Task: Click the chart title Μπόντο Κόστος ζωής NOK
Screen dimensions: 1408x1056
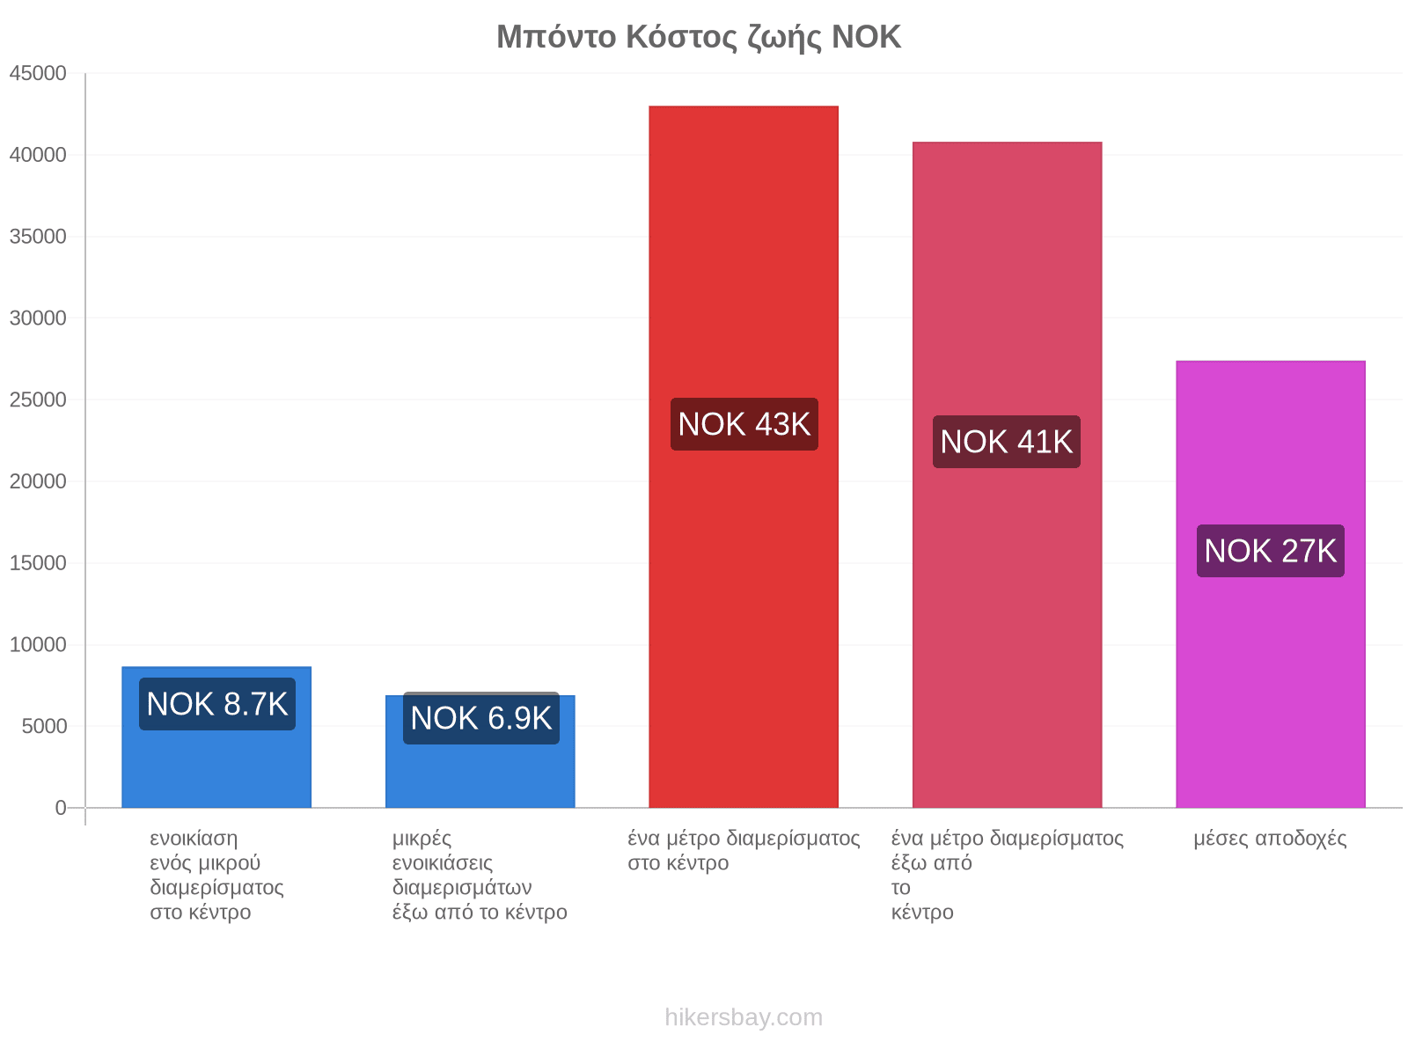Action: tap(699, 37)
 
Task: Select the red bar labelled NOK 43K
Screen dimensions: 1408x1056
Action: tap(744, 457)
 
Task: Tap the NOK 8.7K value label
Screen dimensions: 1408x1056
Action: tap(216, 704)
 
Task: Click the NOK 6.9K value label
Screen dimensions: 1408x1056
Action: tap(481, 718)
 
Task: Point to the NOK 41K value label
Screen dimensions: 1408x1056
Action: tap(1007, 442)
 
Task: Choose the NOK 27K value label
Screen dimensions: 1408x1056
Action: tap(1270, 551)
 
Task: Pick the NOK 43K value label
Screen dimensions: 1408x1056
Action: tap(744, 424)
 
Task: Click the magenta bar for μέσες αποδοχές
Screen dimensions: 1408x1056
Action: tap(1271, 584)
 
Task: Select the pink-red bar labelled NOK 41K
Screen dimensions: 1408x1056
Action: tap(1007, 474)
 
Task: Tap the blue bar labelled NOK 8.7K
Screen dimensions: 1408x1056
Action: tap(216, 737)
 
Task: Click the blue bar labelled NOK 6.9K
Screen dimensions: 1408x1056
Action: tap(480, 752)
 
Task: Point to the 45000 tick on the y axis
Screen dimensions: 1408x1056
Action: tap(38, 73)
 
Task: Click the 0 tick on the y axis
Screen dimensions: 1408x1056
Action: tap(61, 808)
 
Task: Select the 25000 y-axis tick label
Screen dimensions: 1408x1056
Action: tap(38, 400)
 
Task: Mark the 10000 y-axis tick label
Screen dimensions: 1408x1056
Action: tap(38, 644)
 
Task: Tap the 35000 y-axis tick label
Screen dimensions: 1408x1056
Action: tap(38, 237)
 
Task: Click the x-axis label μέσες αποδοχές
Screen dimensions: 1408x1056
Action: tap(1270, 839)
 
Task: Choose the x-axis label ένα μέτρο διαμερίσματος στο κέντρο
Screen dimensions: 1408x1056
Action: tap(744, 851)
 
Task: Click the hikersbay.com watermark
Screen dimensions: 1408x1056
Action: tap(744, 1017)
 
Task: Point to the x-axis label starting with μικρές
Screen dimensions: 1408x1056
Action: tap(480, 876)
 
